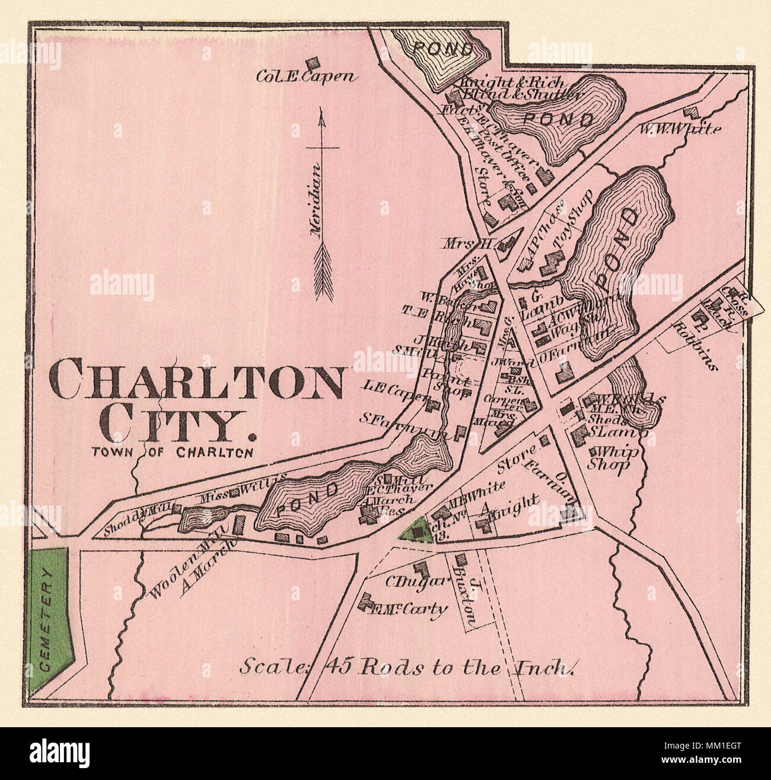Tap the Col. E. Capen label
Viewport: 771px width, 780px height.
click(306, 76)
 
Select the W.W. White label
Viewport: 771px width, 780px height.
click(680, 128)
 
